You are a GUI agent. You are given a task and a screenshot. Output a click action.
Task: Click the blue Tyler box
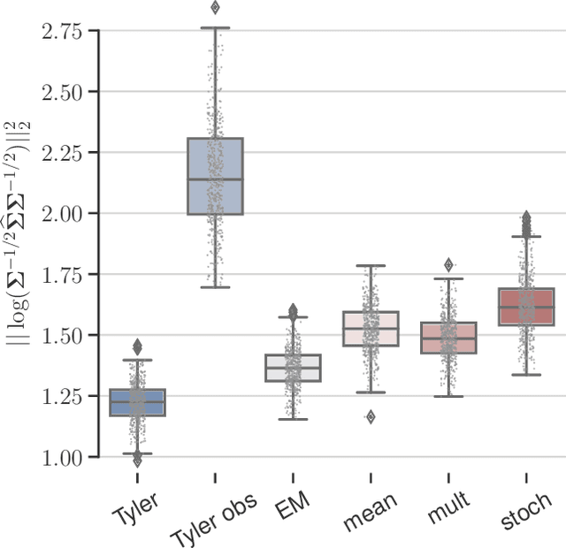coord(137,402)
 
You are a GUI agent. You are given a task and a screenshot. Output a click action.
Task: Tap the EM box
coord(293,368)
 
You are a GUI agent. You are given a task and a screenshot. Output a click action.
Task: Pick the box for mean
coord(371,329)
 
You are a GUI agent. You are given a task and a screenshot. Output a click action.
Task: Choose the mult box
coord(448,338)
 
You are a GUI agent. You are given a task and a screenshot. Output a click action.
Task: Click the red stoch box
coord(526,307)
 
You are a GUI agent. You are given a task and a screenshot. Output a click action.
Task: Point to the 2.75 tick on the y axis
coord(61,32)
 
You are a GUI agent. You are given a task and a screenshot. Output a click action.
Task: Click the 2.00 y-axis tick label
coord(61,213)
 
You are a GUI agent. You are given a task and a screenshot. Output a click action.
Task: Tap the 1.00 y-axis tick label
coord(61,457)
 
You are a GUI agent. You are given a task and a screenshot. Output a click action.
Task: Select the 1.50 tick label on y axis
coord(61,335)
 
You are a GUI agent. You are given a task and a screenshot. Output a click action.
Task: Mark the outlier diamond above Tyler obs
coord(215,8)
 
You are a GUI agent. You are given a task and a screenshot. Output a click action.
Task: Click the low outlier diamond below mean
coord(371,416)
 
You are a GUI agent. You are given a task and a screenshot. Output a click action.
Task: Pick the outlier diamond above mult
coord(448,264)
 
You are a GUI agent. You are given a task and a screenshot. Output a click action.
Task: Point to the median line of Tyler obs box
coord(215,179)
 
